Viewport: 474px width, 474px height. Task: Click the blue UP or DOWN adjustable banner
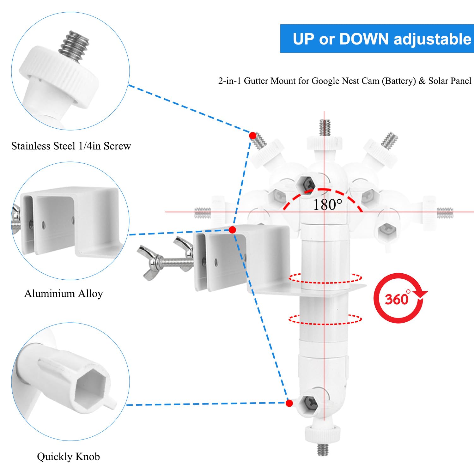point(377,39)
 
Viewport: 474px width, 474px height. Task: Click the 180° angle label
point(327,205)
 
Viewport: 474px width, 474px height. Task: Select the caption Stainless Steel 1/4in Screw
point(71,146)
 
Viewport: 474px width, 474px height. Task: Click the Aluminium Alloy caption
point(64,294)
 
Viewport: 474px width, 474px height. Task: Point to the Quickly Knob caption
point(68,457)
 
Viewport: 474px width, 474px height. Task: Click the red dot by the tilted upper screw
point(252,136)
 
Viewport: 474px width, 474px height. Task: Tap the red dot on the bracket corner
point(232,230)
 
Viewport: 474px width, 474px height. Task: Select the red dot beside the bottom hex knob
point(289,403)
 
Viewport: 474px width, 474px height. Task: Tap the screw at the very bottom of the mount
point(323,449)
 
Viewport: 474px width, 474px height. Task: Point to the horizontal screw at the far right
point(445,213)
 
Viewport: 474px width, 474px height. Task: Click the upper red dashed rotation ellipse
point(325,278)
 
